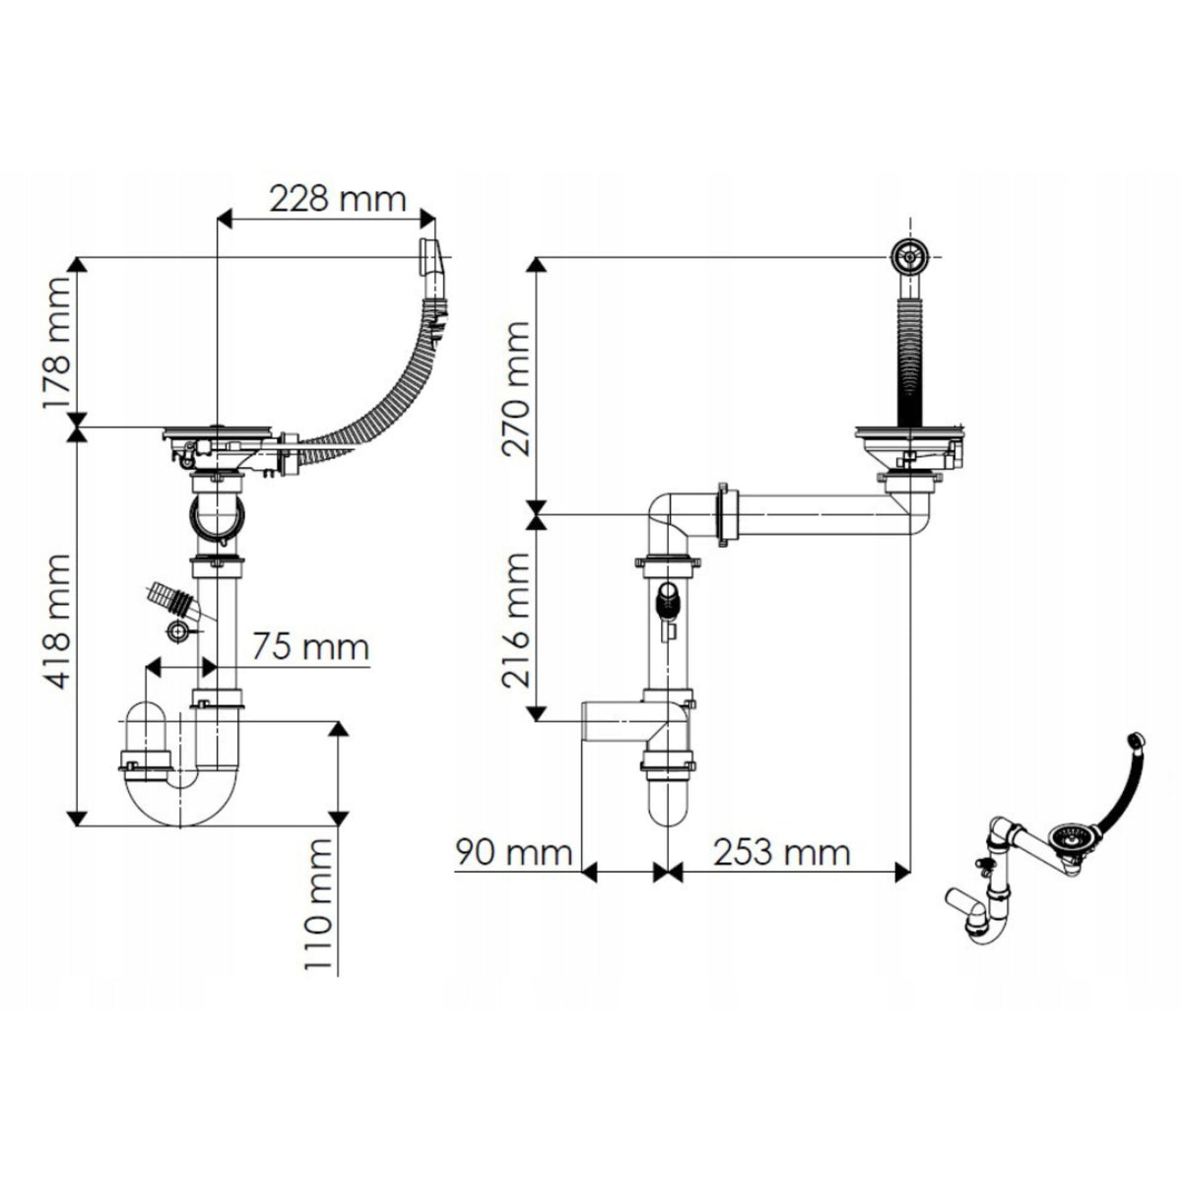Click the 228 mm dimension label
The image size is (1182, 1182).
click(x=338, y=199)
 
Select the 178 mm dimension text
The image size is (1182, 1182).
click(x=56, y=343)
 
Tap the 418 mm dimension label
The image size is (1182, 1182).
click(x=56, y=622)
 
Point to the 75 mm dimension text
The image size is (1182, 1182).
click(x=311, y=646)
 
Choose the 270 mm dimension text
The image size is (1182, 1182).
click(x=515, y=389)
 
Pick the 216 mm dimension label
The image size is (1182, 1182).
click(x=515, y=621)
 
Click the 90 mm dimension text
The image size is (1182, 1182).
click(x=514, y=853)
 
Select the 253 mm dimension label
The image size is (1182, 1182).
click(x=782, y=853)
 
